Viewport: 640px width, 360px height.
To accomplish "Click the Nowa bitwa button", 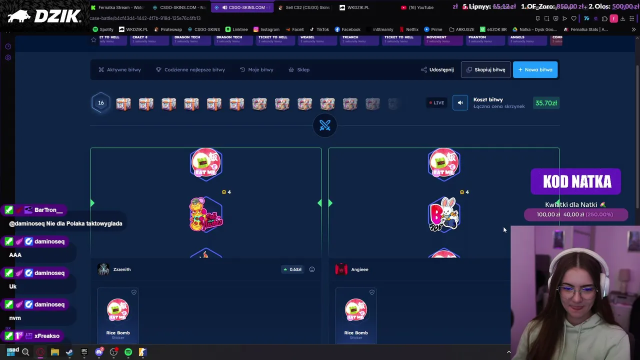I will coord(535,69).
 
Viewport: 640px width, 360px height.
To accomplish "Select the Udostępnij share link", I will coord(437,69).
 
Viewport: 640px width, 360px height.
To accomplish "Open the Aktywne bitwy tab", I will coord(119,69).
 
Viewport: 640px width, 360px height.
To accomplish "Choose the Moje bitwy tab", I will coord(256,69).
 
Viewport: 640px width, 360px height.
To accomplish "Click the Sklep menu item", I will coord(299,69).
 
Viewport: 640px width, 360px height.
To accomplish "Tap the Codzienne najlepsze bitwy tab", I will coord(190,69).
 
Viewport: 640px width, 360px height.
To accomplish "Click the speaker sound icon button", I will coord(460,103).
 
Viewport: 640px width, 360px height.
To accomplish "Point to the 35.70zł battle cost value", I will coord(546,103).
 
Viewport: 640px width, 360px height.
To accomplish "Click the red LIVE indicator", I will coord(436,103).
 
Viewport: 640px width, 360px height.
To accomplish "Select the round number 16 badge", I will coord(100,103).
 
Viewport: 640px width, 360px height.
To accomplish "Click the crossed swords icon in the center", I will coord(325,125).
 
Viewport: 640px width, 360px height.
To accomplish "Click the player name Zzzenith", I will coord(121,269).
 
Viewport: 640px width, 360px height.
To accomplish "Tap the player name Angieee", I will coord(359,269).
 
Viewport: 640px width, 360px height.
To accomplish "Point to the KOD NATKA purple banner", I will coord(576,181).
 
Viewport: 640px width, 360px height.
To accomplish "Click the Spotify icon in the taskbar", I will coord(128,352).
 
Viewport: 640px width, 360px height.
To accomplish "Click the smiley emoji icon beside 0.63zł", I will coord(312,269).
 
